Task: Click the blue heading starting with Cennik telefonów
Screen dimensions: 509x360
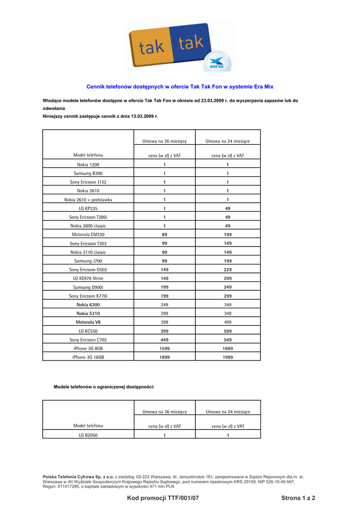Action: (180, 86)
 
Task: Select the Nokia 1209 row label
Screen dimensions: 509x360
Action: (88, 165)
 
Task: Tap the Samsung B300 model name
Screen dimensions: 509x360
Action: (88, 173)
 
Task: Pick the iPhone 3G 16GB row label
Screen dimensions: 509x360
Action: (88, 357)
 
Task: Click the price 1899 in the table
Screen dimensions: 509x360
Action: (165, 357)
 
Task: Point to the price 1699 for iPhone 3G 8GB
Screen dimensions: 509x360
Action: (228, 348)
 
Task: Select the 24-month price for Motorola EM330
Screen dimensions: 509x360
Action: (228, 235)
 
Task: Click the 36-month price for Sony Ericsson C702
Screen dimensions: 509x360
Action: (165, 340)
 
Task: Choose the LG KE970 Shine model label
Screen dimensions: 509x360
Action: (88, 278)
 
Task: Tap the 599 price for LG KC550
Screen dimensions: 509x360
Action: (228, 331)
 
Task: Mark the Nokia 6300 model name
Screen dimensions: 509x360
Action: (88, 305)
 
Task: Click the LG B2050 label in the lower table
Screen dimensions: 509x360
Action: (88, 435)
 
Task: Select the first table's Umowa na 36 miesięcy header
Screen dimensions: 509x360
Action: (165, 142)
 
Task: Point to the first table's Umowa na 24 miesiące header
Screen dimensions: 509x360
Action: (228, 142)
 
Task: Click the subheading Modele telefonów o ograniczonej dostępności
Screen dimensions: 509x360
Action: (104, 387)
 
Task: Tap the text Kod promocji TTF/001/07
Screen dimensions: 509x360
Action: (163, 498)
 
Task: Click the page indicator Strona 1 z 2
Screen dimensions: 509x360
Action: (298, 498)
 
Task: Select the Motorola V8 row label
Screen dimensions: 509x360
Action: (88, 322)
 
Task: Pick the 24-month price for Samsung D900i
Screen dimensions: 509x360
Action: (228, 287)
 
